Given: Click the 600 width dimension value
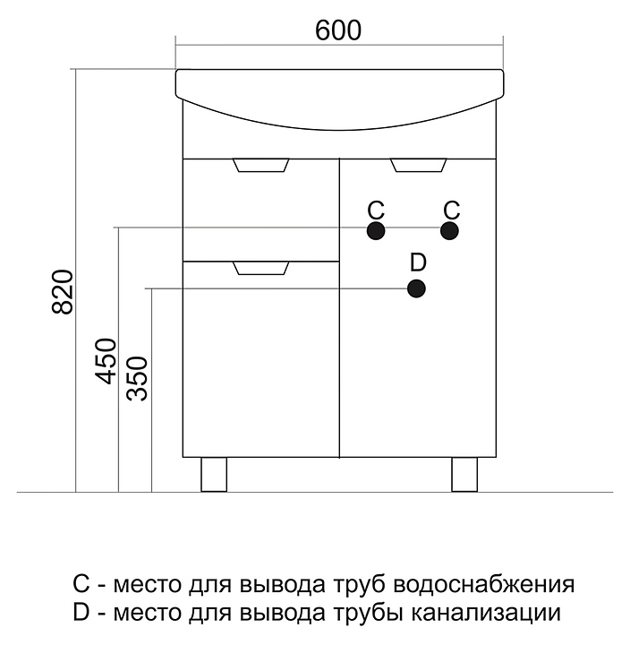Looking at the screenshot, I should tap(338, 30).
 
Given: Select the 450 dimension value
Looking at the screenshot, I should tap(106, 361).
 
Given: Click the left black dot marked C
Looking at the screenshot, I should tap(376, 230).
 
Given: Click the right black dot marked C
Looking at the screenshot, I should tap(449, 230).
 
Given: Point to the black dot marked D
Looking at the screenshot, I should tap(416, 288).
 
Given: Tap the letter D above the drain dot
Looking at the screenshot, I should tap(417, 262).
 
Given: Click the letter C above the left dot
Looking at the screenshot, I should tap(376, 210).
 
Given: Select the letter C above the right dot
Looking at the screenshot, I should tap(451, 210).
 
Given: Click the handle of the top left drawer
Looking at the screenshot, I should tap(261, 165).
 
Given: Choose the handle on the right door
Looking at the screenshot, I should tap(419, 165).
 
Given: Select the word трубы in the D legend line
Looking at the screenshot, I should tap(373, 615).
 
